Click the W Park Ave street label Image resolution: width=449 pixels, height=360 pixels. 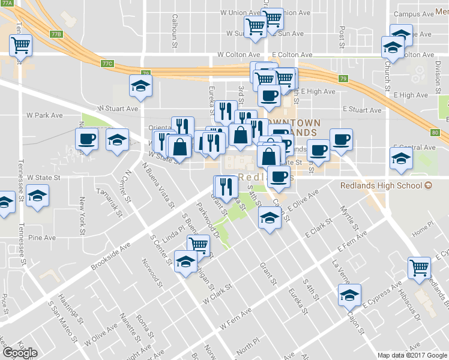(45, 115)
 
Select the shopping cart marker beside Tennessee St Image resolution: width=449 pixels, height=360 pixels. (21, 44)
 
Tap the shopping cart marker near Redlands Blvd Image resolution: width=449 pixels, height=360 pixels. (419, 267)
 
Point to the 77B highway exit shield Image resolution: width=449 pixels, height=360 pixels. (57, 34)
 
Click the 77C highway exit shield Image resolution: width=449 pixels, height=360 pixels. (107, 62)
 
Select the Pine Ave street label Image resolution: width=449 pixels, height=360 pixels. (42, 238)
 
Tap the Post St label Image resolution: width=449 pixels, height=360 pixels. (342, 37)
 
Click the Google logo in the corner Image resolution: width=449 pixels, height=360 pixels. (19, 353)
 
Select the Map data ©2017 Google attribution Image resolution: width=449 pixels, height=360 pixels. (412, 355)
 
